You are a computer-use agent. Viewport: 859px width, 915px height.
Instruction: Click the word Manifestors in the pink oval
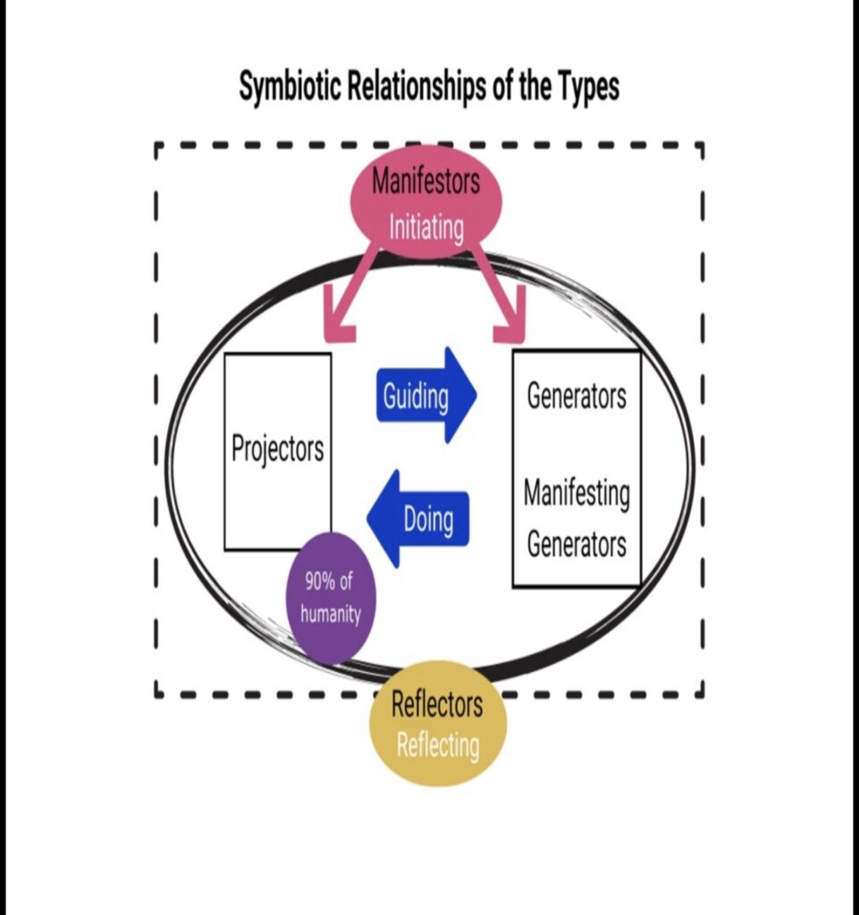click(x=425, y=181)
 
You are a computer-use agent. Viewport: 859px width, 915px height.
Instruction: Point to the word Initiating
click(x=426, y=227)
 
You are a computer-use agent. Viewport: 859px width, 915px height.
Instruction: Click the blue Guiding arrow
click(x=425, y=395)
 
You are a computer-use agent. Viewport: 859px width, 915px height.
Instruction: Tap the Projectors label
click(x=277, y=449)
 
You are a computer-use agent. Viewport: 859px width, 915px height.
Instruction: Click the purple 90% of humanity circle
click(x=330, y=598)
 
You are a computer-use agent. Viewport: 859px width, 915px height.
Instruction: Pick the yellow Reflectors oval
click(x=438, y=724)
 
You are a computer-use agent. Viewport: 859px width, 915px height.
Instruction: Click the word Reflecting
click(x=438, y=744)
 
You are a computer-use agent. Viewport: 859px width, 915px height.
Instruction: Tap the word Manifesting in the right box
click(x=577, y=493)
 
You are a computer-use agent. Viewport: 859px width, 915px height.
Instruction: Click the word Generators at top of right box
click(x=577, y=395)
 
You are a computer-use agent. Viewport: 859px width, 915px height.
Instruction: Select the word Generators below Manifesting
click(x=577, y=543)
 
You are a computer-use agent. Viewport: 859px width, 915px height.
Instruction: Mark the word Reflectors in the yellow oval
click(x=437, y=704)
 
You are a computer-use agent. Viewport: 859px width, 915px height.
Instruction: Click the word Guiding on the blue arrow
click(x=416, y=395)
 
